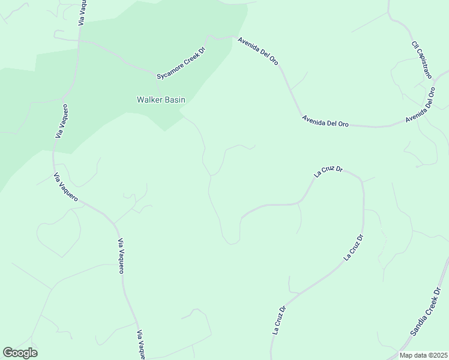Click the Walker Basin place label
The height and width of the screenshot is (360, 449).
pyautogui.click(x=161, y=100)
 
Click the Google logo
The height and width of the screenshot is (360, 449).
pyautogui.click(x=20, y=353)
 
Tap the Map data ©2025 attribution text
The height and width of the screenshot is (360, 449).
pyautogui.click(x=423, y=355)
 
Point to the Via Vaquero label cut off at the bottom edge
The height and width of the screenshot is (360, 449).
pyautogui.click(x=141, y=344)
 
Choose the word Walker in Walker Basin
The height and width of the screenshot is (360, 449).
pyautogui.click(x=149, y=100)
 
